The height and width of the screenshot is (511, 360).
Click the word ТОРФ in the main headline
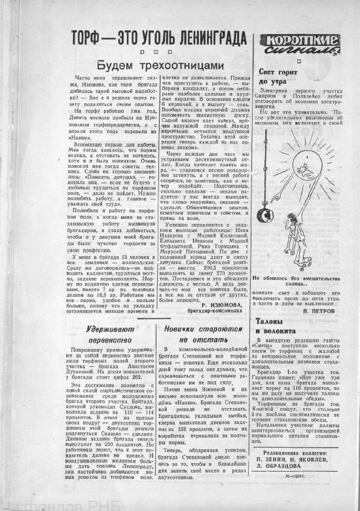pyautogui.click(x=90, y=37)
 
